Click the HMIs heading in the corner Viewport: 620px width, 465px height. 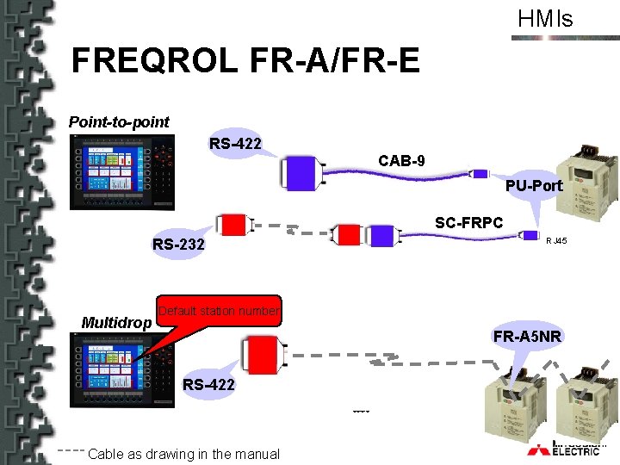pyautogui.click(x=544, y=19)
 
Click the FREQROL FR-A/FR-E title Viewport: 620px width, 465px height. pyautogui.click(x=245, y=61)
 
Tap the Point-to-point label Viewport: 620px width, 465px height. pyautogui.click(x=119, y=122)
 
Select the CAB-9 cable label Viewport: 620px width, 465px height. pyautogui.click(x=400, y=161)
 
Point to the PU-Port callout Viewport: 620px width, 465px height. pyautogui.click(x=534, y=186)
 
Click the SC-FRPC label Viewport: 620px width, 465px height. pyautogui.click(x=468, y=223)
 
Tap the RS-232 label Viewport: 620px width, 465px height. pyautogui.click(x=178, y=245)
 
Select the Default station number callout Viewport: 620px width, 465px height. pyautogui.click(x=220, y=311)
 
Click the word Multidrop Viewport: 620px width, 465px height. pyautogui.click(x=116, y=323)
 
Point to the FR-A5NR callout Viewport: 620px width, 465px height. pyautogui.click(x=527, y=336)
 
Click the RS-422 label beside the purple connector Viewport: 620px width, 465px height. pyautogui.click(x=235, y=143)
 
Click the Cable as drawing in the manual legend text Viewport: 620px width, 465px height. pyautogui.click(x=184, y=454)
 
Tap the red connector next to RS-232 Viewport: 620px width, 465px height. pyautogui.click(x=232, y=226)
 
